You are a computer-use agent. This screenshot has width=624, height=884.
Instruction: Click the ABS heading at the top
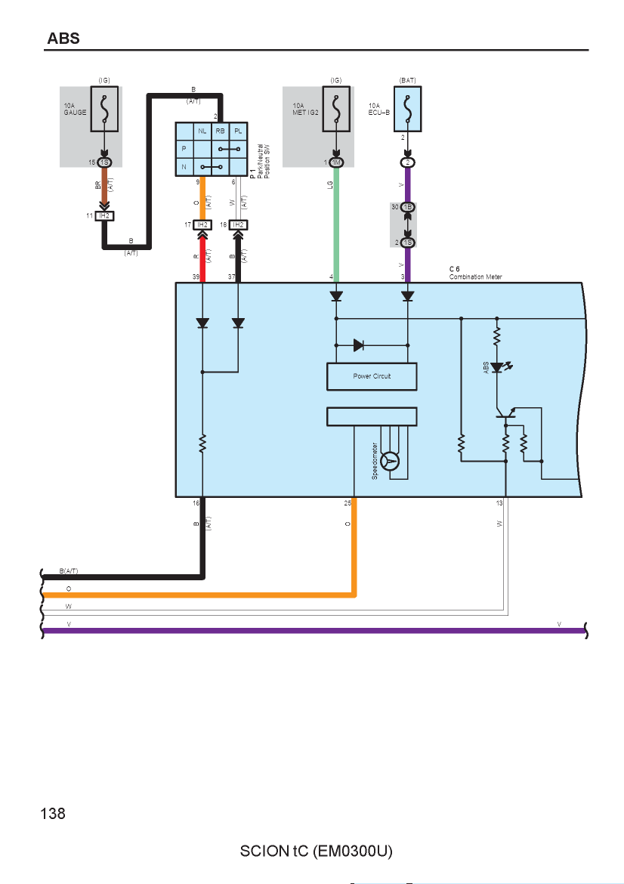(x=63, y=39)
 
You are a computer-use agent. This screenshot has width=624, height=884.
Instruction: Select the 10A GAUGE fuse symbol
(x=104, y=109)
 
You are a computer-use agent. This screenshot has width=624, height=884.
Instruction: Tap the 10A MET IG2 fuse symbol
(x=336, y=109)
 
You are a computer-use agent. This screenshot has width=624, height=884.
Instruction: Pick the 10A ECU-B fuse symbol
(x=407, y=109)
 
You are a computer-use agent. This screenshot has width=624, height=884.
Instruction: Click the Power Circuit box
(x=372, y=376)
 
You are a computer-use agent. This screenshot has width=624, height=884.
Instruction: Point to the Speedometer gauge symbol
(x=390, y=461)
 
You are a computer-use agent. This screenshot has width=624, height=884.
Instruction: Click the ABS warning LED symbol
(x=497, y=368)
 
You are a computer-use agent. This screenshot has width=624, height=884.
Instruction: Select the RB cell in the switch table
(x=220, y=131)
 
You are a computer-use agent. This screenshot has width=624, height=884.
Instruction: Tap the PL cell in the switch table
(x=239, y=131)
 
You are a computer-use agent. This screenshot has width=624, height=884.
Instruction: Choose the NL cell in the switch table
(x=202, y=131)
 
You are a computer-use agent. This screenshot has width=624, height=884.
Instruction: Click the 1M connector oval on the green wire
(x=336, y=162)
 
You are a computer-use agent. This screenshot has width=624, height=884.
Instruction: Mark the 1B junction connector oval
(x=407, y=207)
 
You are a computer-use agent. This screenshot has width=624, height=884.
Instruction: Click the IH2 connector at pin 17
(x=202, y=225)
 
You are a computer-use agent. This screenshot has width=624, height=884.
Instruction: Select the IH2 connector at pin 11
(x=104, y=216)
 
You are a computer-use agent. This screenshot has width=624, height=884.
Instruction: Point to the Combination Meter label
(x=475, y=277)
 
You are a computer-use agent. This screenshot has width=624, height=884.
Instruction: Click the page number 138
(x=53, y=814)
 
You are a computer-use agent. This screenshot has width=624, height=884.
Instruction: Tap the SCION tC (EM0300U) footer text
(x=317, y=851)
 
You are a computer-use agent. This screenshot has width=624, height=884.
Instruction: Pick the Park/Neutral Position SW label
(x=263, y=161)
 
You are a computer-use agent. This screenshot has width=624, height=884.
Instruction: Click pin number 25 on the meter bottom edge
(x=348, y=503)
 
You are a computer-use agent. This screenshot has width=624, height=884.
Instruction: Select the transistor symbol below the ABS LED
(x=506, y=414)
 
